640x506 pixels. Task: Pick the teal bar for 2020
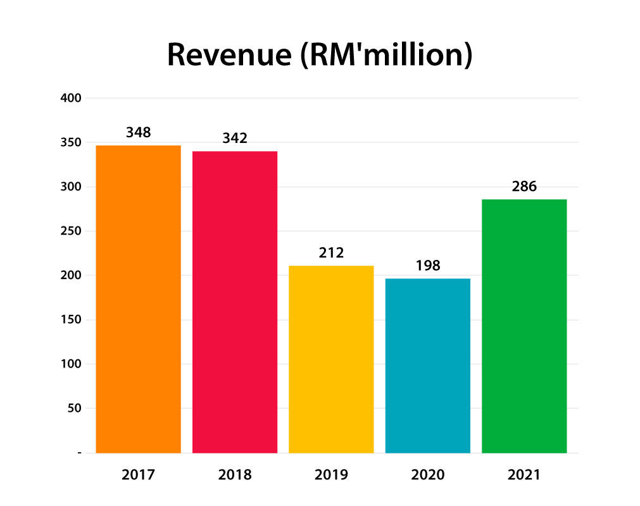point(428,366)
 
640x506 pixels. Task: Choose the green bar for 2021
point(524,326)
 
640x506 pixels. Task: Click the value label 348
point(138,133)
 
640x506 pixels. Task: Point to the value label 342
point(235,138)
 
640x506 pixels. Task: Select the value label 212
point(331,253)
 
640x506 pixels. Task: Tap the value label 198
point(428,265)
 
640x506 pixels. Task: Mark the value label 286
point(524,187)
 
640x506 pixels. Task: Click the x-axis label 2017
point(138,474)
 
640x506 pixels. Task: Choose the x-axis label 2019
point(331,474)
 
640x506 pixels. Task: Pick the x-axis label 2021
point(524,474)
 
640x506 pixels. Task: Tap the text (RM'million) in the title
point(386,56)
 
